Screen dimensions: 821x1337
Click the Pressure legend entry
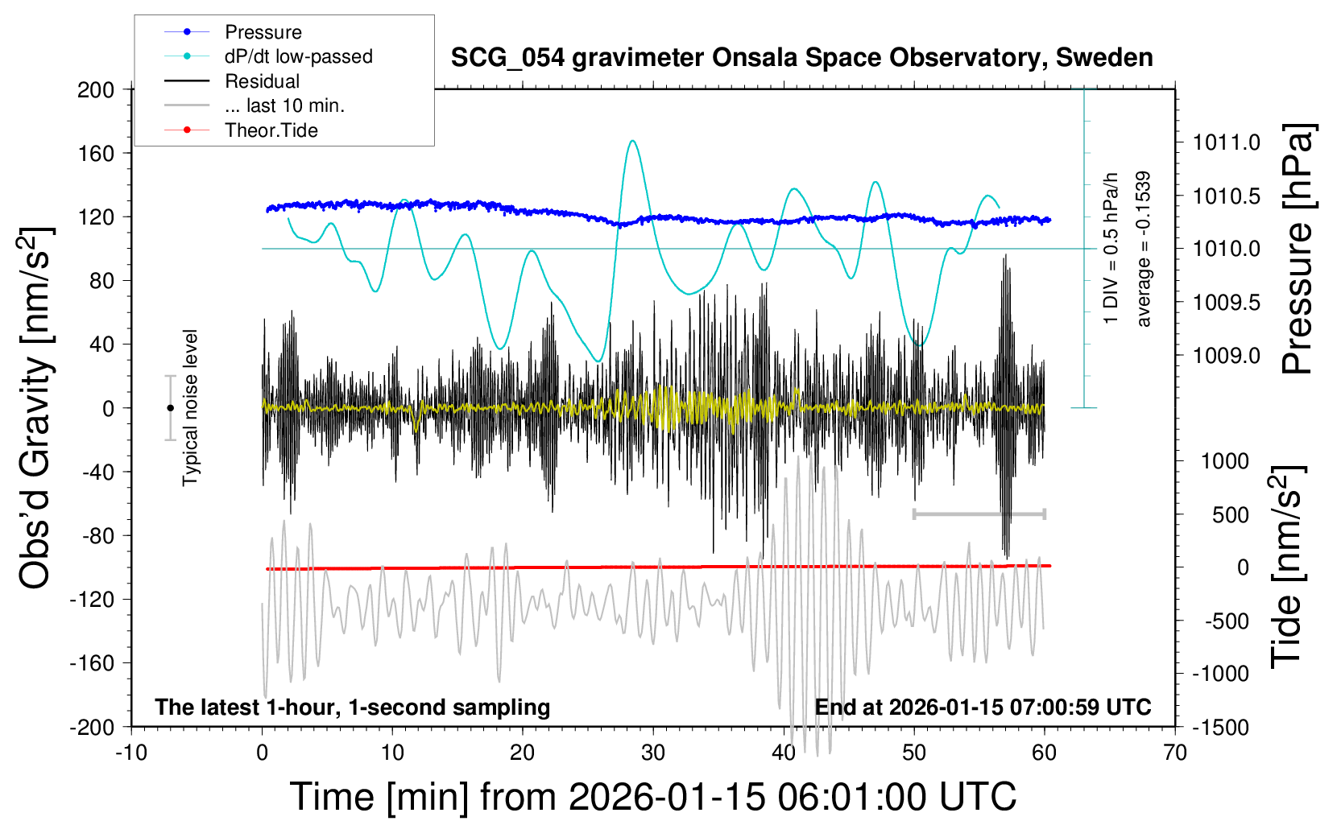(263, 32)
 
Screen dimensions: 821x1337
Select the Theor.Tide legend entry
(271, 130)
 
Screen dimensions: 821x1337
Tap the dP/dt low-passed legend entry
(298, 56)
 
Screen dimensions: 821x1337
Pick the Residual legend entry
(262, 81)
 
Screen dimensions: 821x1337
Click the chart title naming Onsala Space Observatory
(801, 58)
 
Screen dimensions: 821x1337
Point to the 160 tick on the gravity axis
(96, 153)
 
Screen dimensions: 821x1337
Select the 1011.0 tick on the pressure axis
(1226, 142)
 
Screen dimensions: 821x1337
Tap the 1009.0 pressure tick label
(1226, 356)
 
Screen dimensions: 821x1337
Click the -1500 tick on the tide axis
(1219, 728)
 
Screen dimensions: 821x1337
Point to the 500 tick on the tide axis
(1230, 515)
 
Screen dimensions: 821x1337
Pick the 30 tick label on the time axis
(653, 753)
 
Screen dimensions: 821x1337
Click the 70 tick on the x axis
(1175, 753)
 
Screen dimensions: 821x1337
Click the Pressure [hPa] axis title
(1297, 250)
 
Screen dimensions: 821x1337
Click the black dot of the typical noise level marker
(170, 408)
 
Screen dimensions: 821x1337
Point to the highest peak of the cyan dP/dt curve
(633, 141)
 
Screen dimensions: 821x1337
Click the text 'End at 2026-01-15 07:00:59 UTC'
(983, 708)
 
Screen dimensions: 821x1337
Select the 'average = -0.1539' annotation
(1144, 249)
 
